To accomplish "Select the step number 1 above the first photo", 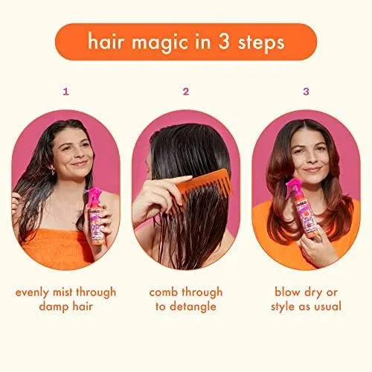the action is click(65, 92).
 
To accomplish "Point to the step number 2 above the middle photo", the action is click(186, 92).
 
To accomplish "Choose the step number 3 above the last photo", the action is click(306, 92).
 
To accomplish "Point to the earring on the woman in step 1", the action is click(52, 170).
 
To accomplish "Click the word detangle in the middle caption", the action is click(193, 307).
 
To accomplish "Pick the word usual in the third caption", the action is click(328, 307).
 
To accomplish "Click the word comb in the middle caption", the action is click(164, 292).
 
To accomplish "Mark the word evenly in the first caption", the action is click(32, 293).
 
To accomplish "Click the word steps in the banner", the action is click(261, 43).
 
